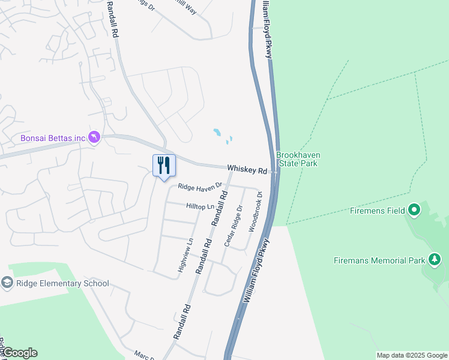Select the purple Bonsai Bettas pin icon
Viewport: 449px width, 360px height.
(x=94, y=138)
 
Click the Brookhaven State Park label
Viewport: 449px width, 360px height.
(x=298, y=159)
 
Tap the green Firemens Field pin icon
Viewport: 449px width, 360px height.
(x=414, y=211)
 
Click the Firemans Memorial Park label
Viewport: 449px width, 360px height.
(x=379, y=260)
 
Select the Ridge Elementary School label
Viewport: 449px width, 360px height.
(x=62, y=283)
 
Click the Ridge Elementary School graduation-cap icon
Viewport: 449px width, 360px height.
(x=7, y=283)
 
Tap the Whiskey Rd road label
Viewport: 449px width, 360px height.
(x=247, y=170)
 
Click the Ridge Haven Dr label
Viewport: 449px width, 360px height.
(x=199, y=187)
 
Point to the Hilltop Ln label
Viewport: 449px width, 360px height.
(x=200, y=206)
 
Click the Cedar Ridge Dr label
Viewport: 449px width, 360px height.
(x=233, y=226)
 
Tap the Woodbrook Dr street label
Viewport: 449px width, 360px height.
(x=255, y=212)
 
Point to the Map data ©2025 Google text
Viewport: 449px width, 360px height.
(x=411, y=355)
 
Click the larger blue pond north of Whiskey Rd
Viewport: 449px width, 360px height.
(x=217, y=131)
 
